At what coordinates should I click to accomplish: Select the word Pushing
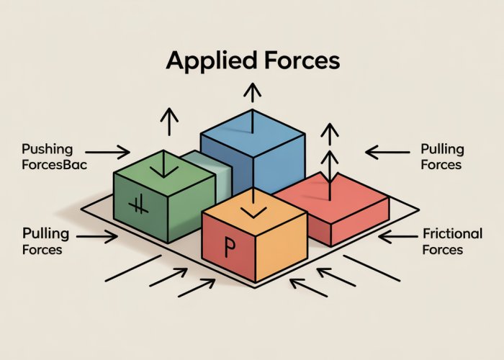(x=48, y=149)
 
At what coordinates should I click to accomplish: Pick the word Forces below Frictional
(x=443, y=250)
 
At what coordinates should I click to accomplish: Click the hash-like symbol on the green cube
(x=135, y=207)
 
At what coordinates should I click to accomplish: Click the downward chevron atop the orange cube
(x=253, y=210)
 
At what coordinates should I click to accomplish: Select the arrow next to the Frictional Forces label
(x=396, y=235)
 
